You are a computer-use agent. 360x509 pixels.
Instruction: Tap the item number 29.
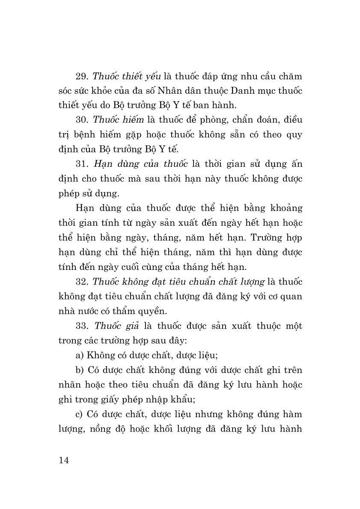click(x=81, y=77)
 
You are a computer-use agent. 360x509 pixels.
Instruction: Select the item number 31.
click(x=81, y=164)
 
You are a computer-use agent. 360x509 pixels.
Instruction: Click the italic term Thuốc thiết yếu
click(x=126, y=77)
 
